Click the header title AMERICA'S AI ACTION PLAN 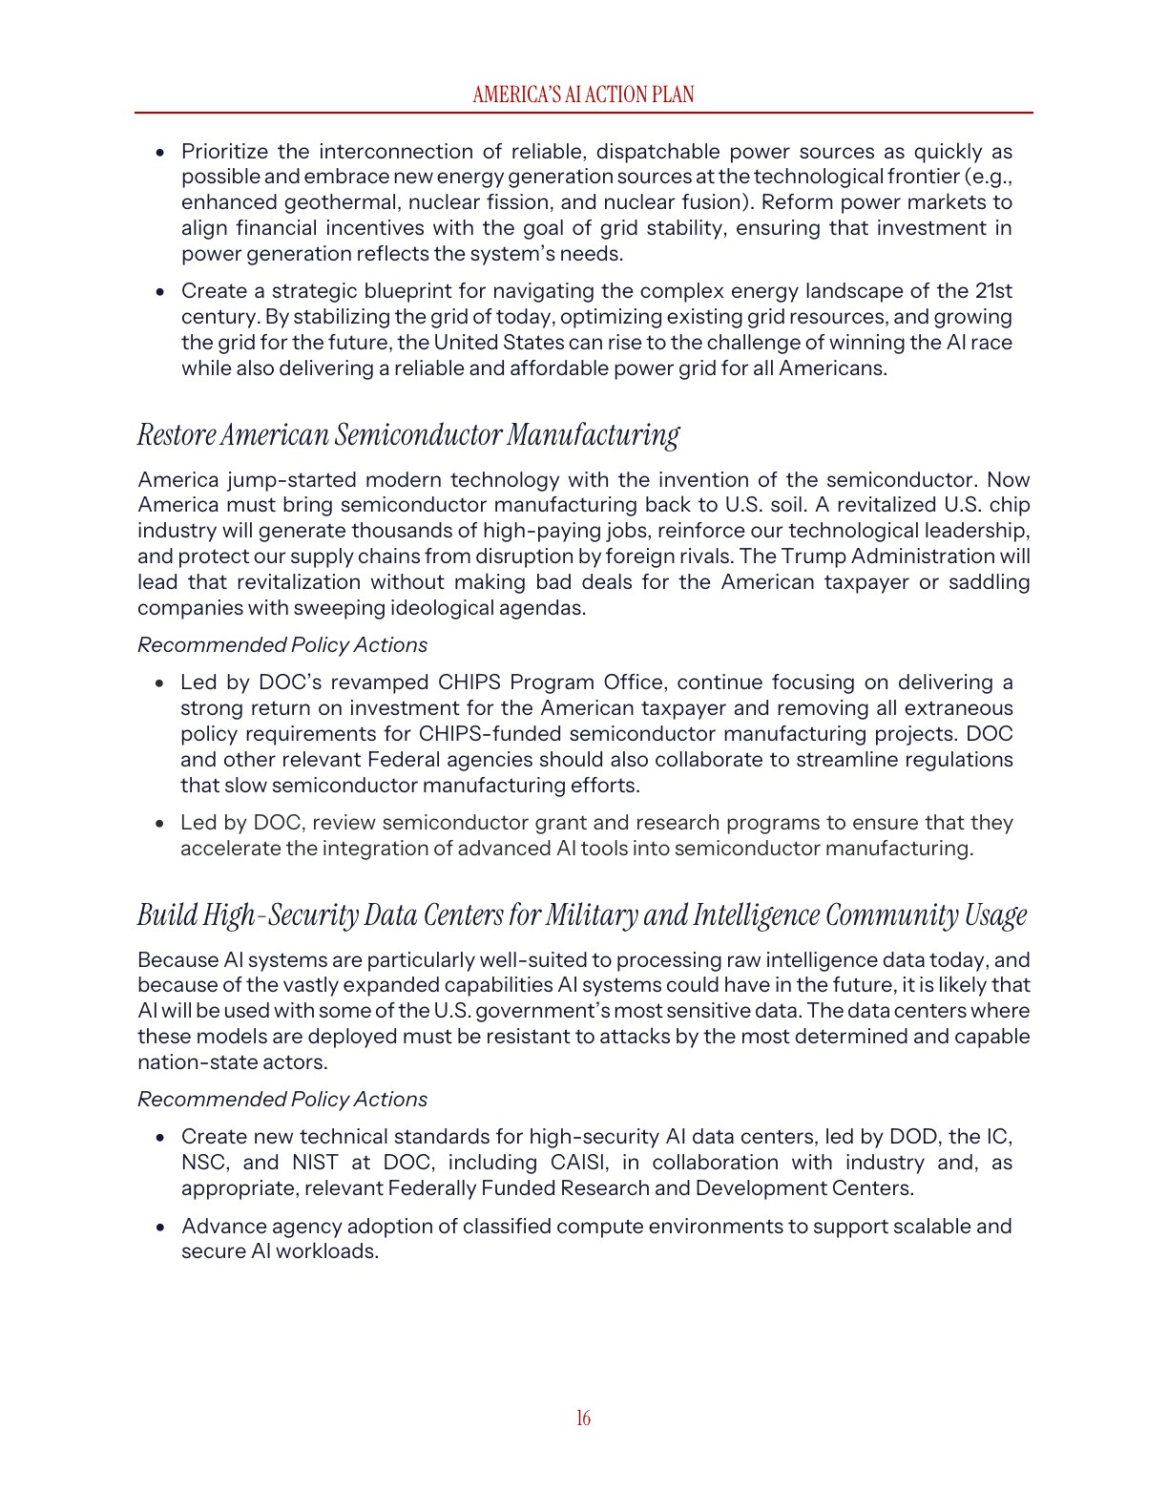[x=583, y=94]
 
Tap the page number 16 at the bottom [x=583, y=1418]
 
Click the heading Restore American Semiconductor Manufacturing [x=408, y=435]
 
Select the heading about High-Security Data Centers [x=582, y=915]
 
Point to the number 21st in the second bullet [x=993, y=291]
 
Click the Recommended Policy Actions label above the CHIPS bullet [x=282, y=645]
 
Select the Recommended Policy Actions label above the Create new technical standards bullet [x=282, y=1100]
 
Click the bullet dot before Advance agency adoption [x=161, y=1228]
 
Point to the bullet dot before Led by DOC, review [x=161, y=824]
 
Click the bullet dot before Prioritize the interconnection [x=161, y=153]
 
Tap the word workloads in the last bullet [x=327, y=1251]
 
